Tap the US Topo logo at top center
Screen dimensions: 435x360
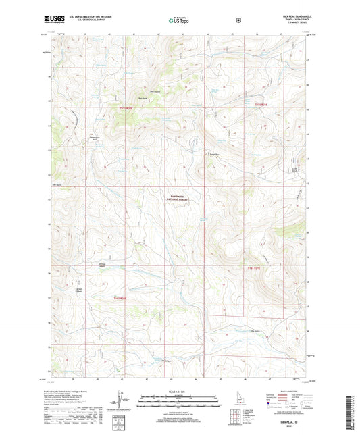tap(180, 21)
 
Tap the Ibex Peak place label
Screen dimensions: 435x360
tap(142, 97)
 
